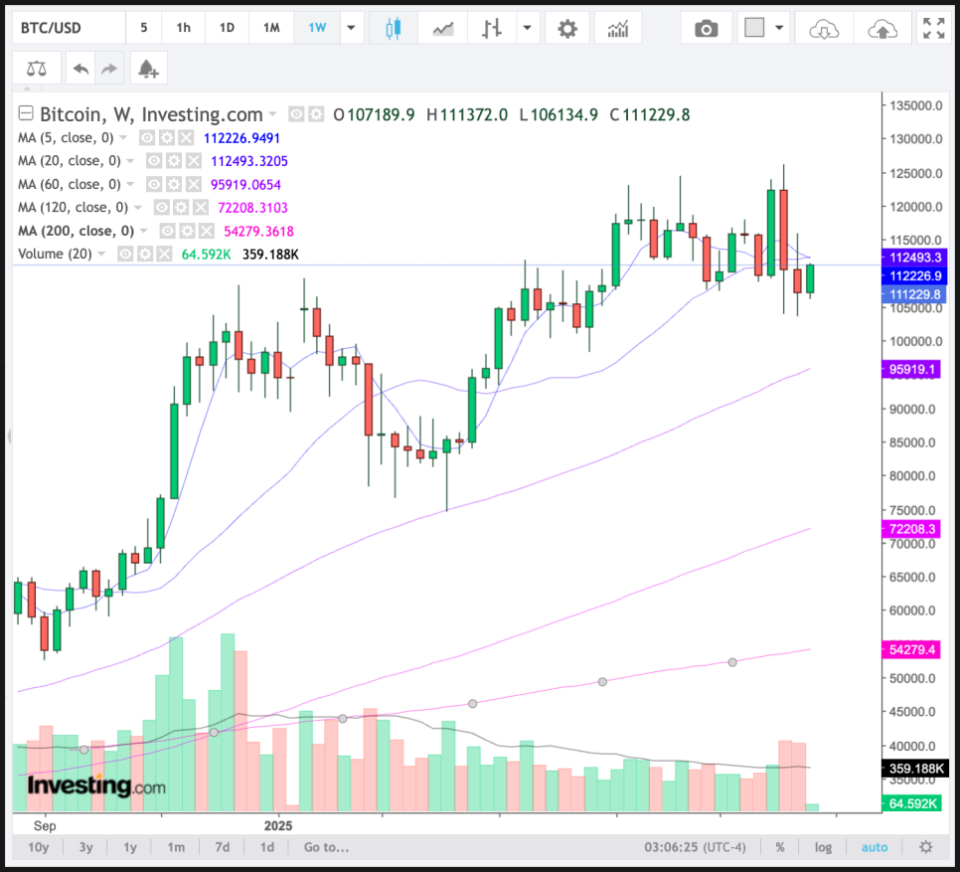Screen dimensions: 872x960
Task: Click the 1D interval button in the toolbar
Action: tap(227, 28)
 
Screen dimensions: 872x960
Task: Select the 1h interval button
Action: tap(184, 28)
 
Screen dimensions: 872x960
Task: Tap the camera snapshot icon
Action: tap(706, 29)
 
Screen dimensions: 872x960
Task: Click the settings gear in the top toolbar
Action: tap(567, 29)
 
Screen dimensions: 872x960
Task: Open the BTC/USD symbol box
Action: tap(66, 28)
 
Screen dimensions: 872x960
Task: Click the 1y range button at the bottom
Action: tap(130, 847)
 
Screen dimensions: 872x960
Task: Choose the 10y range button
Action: tap(38, 847)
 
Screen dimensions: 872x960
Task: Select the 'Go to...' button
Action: tap(326, 847)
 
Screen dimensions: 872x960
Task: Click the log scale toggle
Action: tap(823, 847)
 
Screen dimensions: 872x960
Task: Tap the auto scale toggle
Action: tap(875, 847)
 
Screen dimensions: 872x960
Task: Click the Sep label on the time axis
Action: tap(44, 825)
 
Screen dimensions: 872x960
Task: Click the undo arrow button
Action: tap(80, 68)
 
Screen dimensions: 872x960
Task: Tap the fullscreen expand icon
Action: tap(932, 29)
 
